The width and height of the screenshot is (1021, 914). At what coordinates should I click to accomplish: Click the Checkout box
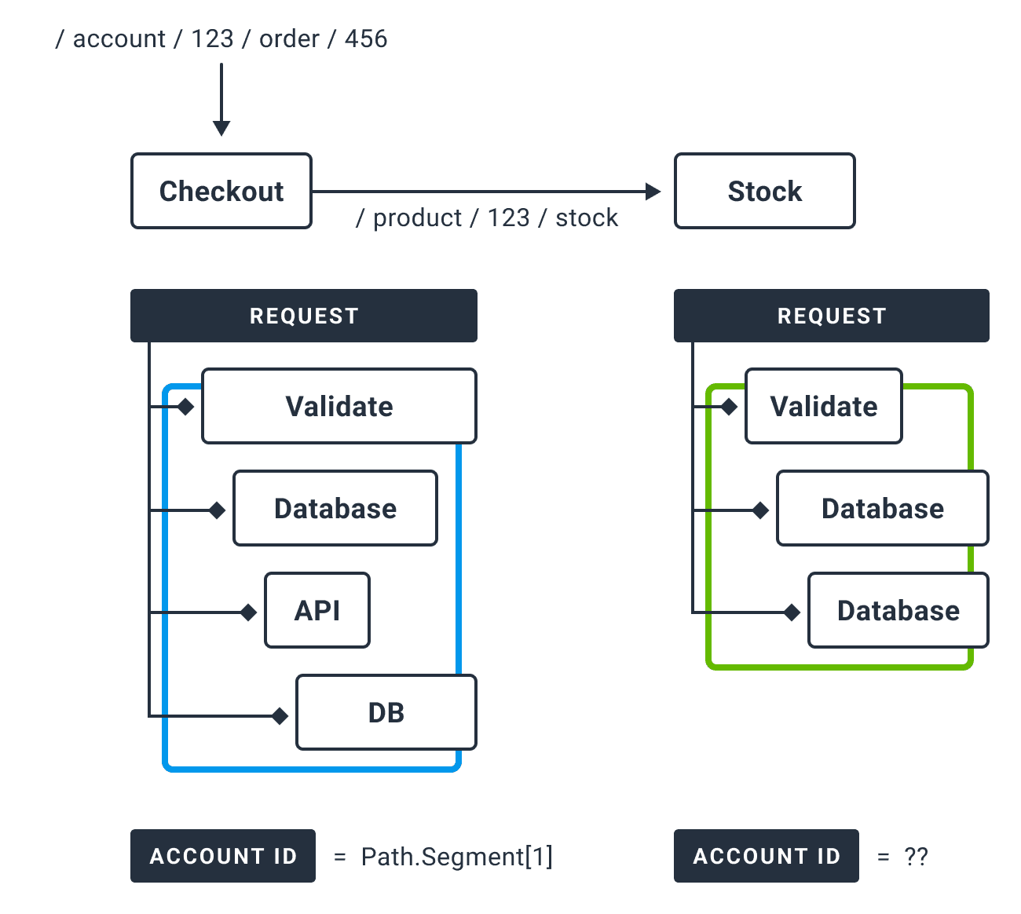click(x=221, y=191)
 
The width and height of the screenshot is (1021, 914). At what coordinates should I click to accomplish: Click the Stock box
click(x=764, y=191)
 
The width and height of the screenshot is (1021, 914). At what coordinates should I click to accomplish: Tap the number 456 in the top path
click(x=366, y=38)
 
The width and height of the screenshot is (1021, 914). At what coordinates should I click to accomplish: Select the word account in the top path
click(x=119, y=38)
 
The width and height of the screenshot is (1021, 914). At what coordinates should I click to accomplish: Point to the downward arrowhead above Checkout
click(x=221, y=128)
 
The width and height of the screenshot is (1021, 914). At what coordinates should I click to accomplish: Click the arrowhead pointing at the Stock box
click(x=653, y=191)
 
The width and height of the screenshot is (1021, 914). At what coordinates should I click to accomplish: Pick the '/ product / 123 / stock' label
click(x=487, y=218)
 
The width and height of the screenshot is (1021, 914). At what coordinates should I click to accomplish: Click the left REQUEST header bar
click(x=304, y=316)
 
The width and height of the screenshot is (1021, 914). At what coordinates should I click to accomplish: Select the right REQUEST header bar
click(x=831, y=316)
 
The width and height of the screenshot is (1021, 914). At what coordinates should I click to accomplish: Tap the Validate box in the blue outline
click(x=339, y=406)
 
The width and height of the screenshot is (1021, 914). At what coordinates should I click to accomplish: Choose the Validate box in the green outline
click(x=823, y=406)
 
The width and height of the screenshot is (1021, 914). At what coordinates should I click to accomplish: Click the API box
click(x=317, y=610)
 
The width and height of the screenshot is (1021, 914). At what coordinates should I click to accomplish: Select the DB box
click(x=386, y=712)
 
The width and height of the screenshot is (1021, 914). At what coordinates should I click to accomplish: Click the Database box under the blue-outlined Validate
click(x=335, y=508)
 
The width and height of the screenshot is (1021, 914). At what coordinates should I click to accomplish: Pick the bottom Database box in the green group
click(x=898, y=610)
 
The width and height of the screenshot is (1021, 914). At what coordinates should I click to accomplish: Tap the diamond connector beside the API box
click(x=248, y=612)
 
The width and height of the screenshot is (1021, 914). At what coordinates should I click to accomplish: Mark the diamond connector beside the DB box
click(x=280, y=715)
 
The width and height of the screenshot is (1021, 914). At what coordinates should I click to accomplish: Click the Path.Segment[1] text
click(x=456, y=856)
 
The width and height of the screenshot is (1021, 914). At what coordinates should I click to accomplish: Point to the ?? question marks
click(x=916, y=856)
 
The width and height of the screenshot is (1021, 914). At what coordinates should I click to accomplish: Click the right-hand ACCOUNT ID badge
click(x=767, y=856)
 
